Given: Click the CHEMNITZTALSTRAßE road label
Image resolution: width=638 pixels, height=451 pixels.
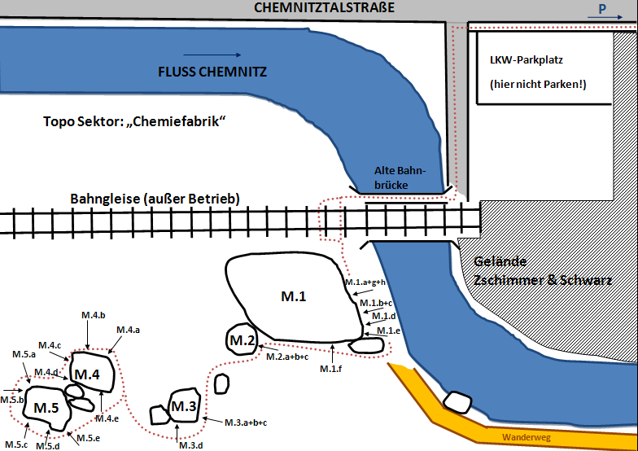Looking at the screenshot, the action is pyautogui.click(x=324, y=7).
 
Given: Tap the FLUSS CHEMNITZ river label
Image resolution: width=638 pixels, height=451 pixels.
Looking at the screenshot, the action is pyautogui.click(x=212, y=72).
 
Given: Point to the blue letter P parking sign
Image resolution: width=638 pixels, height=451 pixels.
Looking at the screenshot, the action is pyautogui.click(x=602, y=8).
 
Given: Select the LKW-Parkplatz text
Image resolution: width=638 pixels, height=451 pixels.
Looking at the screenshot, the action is pyautogui.click(x=526, y=60).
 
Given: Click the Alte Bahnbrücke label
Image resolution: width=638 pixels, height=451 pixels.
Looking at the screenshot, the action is pyautogui.click(x=400, y=177).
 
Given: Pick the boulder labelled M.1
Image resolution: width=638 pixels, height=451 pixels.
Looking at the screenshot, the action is pyautogui.click(x=294, y=297).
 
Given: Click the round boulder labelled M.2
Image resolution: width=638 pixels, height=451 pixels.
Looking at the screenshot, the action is pyautogui.click(x=242, y=340).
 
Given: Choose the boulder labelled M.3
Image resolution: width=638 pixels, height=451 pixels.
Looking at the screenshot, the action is pyautogui.click(x=184, y=405).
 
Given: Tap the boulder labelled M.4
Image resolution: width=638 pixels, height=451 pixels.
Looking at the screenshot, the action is pyautogui.click(x=92, y=373).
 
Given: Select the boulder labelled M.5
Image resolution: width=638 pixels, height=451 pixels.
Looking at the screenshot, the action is pyautogui.click(x=47, y=408).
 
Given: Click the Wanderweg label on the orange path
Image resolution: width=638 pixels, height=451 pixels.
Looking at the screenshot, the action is pyautogui.click(x=526, y=438).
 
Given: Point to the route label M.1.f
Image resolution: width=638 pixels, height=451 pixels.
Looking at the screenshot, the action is pyautogui.click(x=330, y=369).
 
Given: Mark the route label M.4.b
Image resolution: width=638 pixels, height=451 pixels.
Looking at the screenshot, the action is pyautogui.click(x=94, y=315).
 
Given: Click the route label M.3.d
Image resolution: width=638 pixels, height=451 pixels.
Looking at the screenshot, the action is pyautogui.click(x=191, y=445).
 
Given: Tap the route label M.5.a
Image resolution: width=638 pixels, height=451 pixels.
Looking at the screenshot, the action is pyautogui.click(x=24, y=354).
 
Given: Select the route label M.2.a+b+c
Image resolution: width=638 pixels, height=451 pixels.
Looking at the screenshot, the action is pyautogui.click(x=287, y=357).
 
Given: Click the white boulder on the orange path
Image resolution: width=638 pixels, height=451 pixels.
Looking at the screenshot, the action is pyautogui.click(x=457, y=402).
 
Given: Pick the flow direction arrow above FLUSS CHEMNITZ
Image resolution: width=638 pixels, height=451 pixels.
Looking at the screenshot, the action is pyautogui.click(x=212, y=55).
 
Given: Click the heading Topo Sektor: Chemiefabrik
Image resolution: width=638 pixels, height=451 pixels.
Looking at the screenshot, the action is pyautogui.click(x=134, y=122).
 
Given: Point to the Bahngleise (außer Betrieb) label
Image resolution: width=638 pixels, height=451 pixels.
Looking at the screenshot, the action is pyautogui.click(x=155, y=199).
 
